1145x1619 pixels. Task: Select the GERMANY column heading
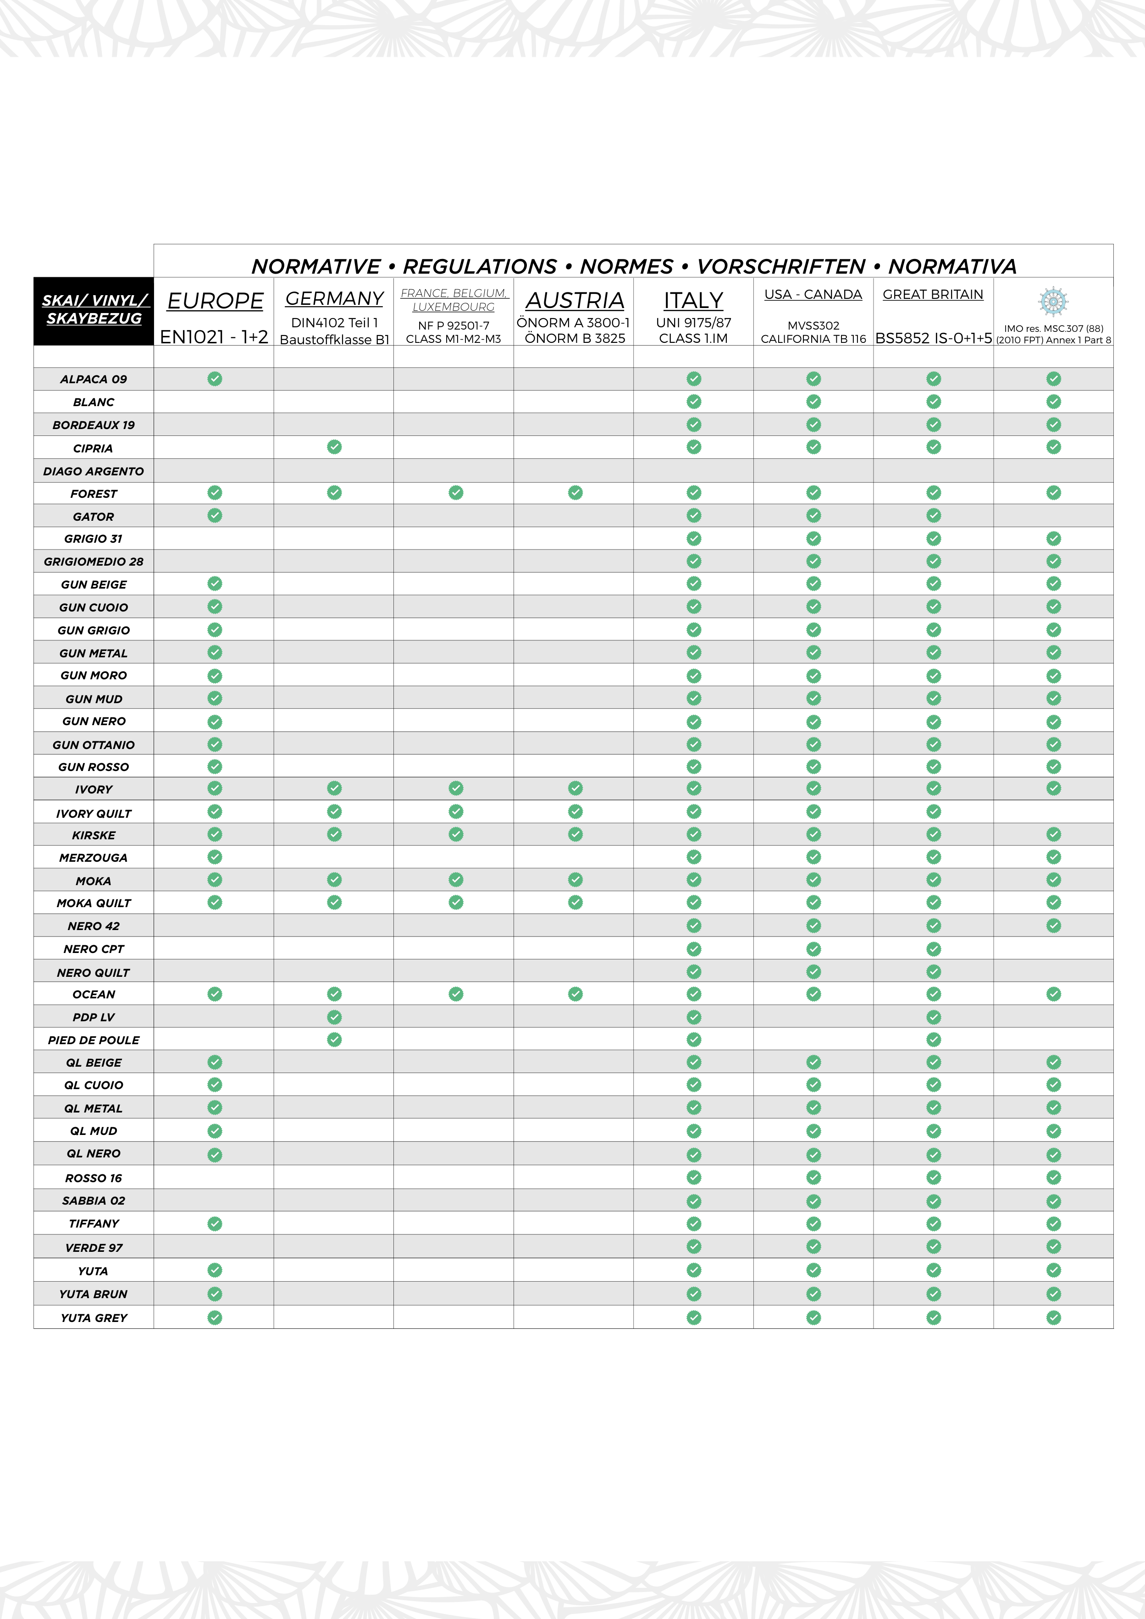(x=334, y=299)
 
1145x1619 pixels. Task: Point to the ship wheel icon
(x=1053, y=301)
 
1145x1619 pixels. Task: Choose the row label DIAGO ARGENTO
(x=94, y=471)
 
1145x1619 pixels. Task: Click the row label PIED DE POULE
(x=94, y=1040)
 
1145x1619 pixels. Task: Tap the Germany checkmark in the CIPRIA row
(x=334, y=447)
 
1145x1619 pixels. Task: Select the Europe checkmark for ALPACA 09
(x=215, y=379)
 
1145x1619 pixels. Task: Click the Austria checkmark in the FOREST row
(x=575, y=493)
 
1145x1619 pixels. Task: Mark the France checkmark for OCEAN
(x=456, y=994)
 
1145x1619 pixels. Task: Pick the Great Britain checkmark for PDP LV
(x=933, y=1017)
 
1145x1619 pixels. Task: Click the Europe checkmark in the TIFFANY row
(x=215, y=1223)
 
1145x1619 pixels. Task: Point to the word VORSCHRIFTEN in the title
(x=781, y=266)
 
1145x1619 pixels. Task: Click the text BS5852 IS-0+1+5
(x=933, y=338)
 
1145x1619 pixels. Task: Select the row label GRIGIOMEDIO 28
(x=94, y=562)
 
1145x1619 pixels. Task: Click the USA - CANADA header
(x=813, y=295)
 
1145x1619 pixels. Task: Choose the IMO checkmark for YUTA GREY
(x=1053, y=1317)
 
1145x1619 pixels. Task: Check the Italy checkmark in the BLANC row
(x=694, y=402)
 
